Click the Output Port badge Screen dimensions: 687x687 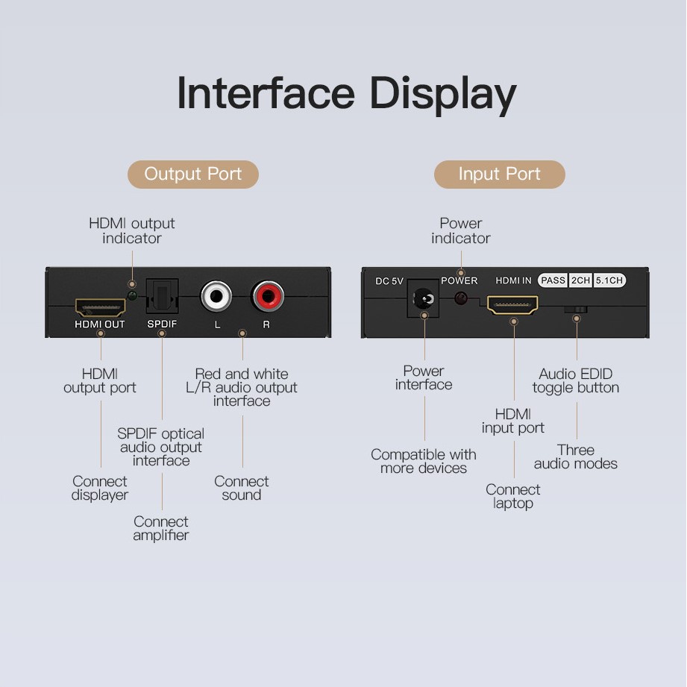coord(192,174)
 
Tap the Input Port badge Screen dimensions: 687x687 coord(500,174)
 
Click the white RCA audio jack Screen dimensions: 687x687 coord(216,296)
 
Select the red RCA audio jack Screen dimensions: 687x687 coord(268,296)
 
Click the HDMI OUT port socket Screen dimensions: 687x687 coord(101,307)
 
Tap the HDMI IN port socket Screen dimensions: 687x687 coord(512,305)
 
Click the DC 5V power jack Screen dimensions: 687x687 coord(423,299)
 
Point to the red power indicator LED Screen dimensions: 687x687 coord(460,298)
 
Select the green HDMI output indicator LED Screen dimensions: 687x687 coord(132,295)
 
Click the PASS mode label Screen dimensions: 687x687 coord(553,280)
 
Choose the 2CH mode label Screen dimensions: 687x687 coord(580,280)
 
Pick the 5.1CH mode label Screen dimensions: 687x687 coord(609,280)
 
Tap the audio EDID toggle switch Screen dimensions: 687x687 coord(576,310)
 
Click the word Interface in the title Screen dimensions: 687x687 coord(266,93)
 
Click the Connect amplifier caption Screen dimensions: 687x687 coord(161,528)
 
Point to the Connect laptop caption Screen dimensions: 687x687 coord(512,496)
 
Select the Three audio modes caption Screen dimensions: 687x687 coord(576,457)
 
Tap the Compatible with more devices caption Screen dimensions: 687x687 coord(424,461)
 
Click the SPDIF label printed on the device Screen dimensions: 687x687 coord(162,324)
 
